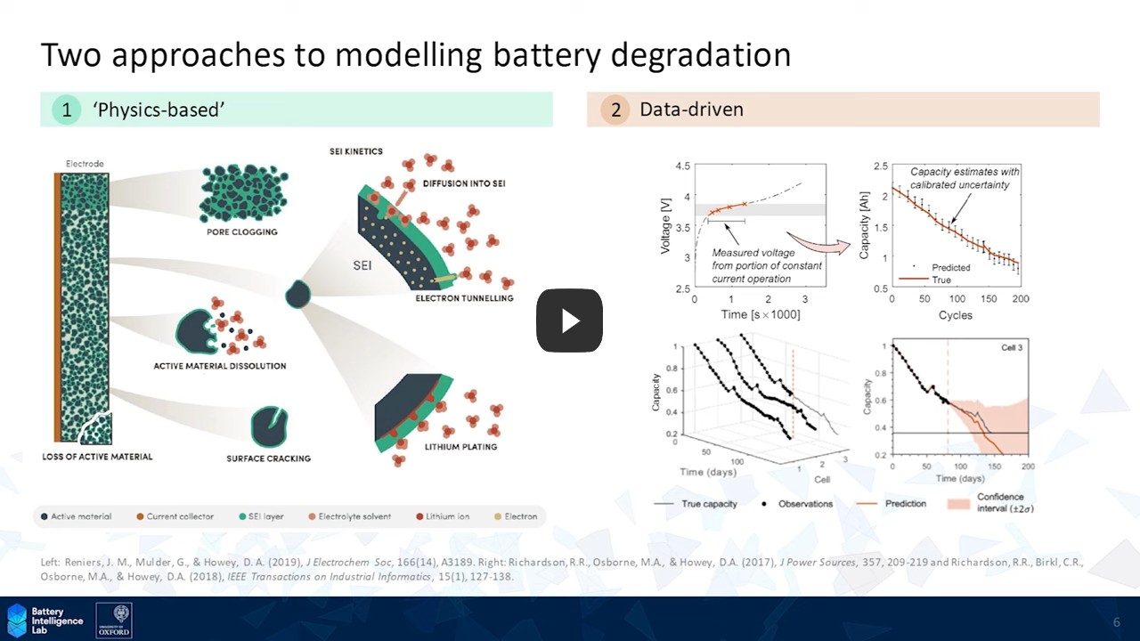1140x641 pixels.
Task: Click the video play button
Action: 569,320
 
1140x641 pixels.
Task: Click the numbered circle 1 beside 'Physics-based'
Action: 67,110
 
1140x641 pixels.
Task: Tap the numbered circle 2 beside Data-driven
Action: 615,110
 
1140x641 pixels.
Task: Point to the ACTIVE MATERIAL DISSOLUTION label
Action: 220,366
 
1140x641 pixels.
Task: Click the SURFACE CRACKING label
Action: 268,458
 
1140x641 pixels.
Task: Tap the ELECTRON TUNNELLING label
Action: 464,298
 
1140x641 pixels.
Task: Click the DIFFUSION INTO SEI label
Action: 471,183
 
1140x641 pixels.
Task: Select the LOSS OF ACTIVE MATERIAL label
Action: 97,457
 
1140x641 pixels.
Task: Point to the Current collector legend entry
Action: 175,516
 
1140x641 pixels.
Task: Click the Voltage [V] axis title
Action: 664,226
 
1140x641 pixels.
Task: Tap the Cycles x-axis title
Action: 954,315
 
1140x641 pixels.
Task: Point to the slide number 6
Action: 1116,621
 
